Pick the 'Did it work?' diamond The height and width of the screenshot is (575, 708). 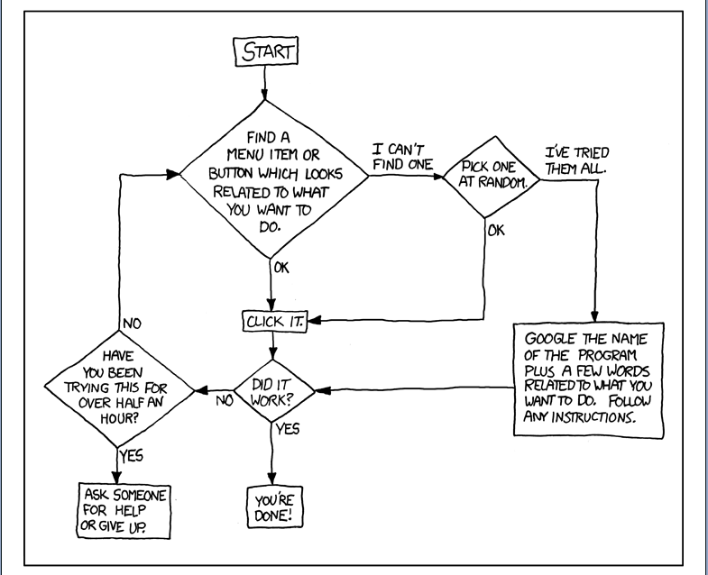tap(272, 390)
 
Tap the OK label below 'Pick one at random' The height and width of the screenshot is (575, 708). tap(496, 231)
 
